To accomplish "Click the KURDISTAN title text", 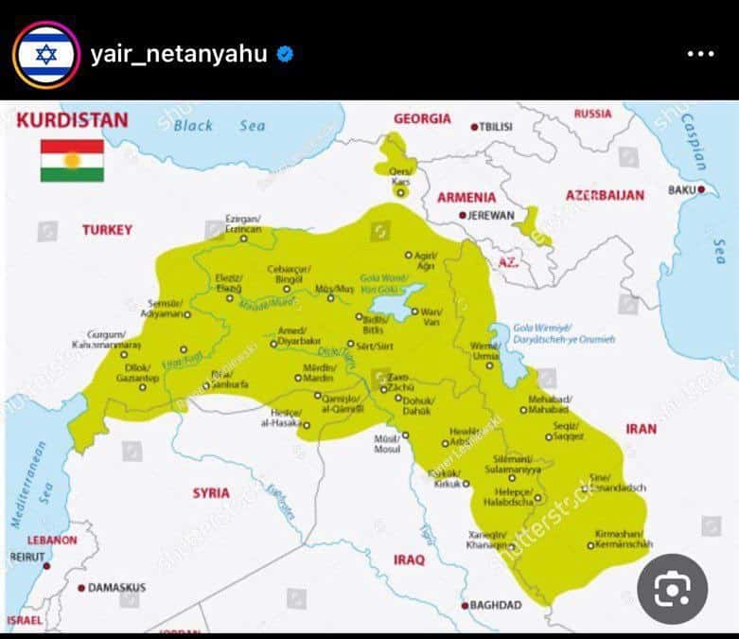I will click(72, 120).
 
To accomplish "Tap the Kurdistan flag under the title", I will click(72, 160).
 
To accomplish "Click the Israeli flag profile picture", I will click(45, 54).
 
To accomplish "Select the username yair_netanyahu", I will click(178, 54).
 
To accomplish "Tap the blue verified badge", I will click(285, 54).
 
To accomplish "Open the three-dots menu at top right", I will click(700, 54).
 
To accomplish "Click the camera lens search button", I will click(672, 588).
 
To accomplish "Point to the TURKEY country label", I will click(107, 229).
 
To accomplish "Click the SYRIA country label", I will click(211, 493).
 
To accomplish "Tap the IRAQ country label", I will click(409, 559).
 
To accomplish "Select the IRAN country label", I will click(641, 429).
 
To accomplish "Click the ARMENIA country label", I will click(466, 197).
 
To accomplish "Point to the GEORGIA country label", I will click(422, 119).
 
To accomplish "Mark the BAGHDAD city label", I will click(496, 605).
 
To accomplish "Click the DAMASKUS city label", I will click(116, 588).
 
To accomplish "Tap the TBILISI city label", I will click(494, 126).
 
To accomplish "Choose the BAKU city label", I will click(682, 189).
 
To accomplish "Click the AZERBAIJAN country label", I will click(605, 195).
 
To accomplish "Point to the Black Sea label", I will click(219, 125).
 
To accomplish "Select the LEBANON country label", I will click(52, 540).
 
